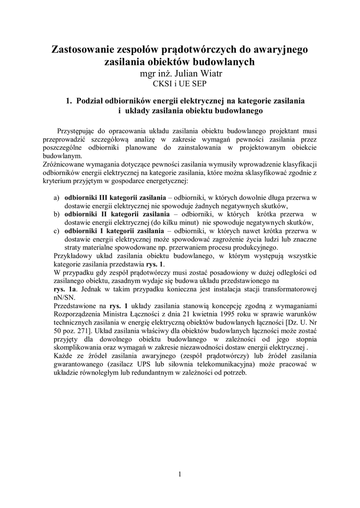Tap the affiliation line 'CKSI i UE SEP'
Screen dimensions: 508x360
pos(180,84)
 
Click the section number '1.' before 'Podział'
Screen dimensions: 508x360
pos(69,100)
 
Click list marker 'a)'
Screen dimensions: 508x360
pos(56,197)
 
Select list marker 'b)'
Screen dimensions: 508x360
pos(56,214)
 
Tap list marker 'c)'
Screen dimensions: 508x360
pos(56,231)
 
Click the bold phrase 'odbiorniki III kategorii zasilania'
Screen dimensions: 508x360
pos(115,197)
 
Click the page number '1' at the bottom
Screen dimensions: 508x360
pos(180,474)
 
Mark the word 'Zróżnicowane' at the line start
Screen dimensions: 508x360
pos(74,164)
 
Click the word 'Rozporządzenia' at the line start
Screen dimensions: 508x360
pos(78,314)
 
